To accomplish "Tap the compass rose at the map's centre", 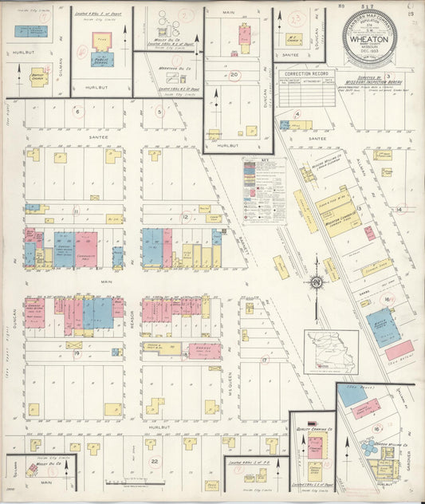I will pyautogui.click(x=317, y=280).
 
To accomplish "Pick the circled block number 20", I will pyautogui.click(x=234, y=75).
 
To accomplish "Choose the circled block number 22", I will pyautogui.click(x=155, y=461).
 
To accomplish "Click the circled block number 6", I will pyautogui.click(x=77, y=112).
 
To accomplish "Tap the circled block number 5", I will pyautogui.click(x=159, y=112).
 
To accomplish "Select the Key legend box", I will pyautogui.click(x=265, y=190).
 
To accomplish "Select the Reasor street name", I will pyautogui.click(x=132, y=317).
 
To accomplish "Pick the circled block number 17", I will pyautogui.click(x=264, y=360).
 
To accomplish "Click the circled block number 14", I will pyautogui.click(x=400, y=209).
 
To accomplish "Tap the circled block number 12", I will pyautogui.click(x=185, y=216).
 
